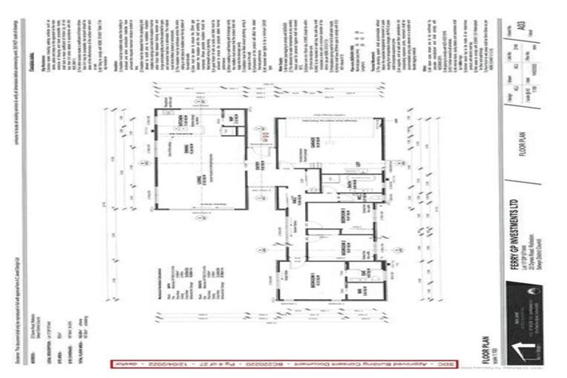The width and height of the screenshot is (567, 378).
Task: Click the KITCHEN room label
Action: pyautogui.click(x=182, y=122)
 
